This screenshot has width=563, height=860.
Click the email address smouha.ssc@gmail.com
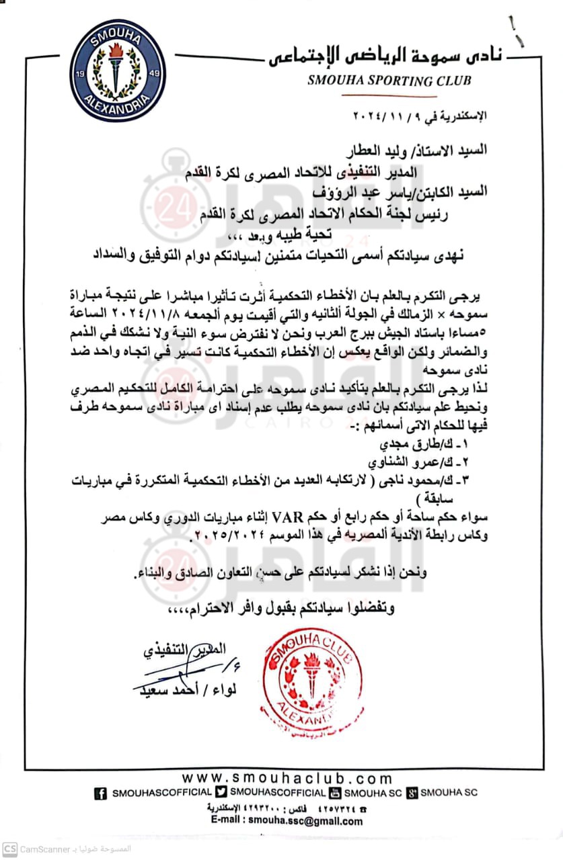(x=305, y=820)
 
